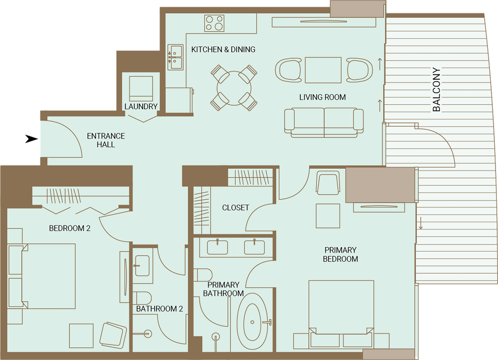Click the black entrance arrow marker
pyautogui.click(x=31, y=139)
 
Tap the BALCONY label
pyautogui.click(x=437, y=90)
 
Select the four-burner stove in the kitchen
pyautogui.click(x=214, y=23)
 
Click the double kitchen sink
pyautogui.click(x=175, y=57)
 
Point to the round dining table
pyautogui.click(x=234, y=88)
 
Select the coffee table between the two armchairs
pyautogui.click(x=323, y=70)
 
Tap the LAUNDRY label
pyautogui.click(x=141, y=106)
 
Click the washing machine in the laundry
pyautogui.click(x=141, y=89)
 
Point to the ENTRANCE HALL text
pyautogui.click(x=106, y=140)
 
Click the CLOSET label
pyautogui.click(x=236, y=208)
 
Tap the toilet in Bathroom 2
pyautogui.click(x=142, y=298)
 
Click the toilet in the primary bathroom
pyautogui.click(x=203, y=275)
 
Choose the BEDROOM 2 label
pyautogui.click(x=70, y=228)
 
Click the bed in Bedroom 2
pyautogui.click(x=41, y=276)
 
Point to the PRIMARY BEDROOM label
pyautogui.click(x=340, y=254)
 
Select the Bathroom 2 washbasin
pyautogui.click(x=142, y=266)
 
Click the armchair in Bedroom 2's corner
pyautogui.click(x=113, y=335)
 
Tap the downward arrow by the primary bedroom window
pyautogui.click(x=421, y=223)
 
